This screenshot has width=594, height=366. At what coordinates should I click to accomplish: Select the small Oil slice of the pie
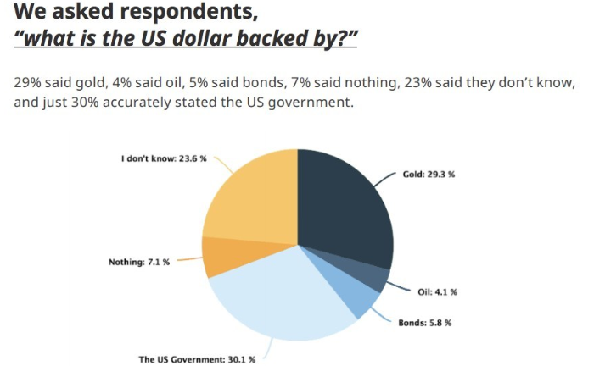click(x=373, y=279)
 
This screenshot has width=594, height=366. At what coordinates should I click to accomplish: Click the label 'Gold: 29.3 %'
click(x=430, y=175)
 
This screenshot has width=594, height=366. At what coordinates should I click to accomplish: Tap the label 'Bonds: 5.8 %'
click(x=425, y=323)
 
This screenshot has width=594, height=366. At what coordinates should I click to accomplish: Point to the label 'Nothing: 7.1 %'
click(x=140, y=262)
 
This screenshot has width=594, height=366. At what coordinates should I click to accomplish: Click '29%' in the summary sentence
click(x=28, y=84)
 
